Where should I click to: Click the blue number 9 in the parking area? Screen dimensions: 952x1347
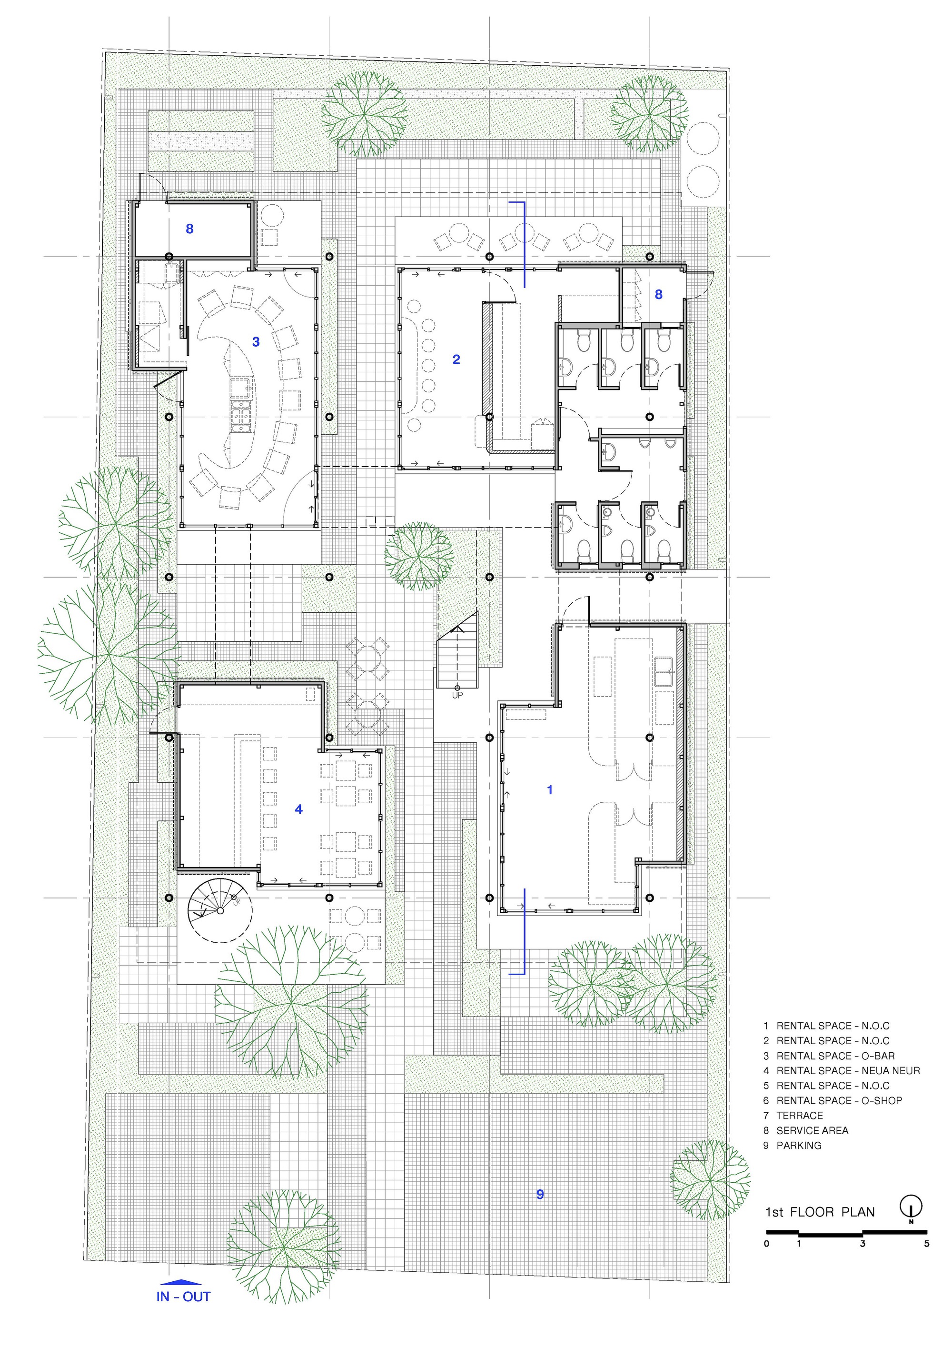tap(540, 1194)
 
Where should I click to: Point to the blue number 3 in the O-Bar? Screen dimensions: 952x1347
tap(256, 341)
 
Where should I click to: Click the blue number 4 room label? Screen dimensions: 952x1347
tap(298, 809)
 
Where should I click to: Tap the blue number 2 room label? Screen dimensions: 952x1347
tap(456, 359)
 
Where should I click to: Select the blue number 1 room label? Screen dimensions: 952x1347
tap(550, 789)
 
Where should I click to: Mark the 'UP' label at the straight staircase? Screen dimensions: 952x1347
tap(457, 695)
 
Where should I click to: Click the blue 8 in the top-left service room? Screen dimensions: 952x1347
tap(189, 229)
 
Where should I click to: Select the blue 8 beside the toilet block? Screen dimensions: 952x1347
tap(659, 295)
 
